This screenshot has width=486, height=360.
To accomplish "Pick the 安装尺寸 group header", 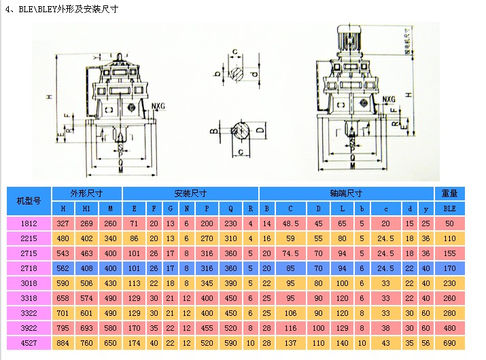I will coord(189,193).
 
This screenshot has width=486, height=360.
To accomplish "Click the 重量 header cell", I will coord(449,193).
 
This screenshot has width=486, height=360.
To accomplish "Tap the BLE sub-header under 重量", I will coord(449,209).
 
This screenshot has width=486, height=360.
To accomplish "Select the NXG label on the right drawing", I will coord(388,100).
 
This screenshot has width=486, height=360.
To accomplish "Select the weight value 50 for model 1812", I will coord(449,223).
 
